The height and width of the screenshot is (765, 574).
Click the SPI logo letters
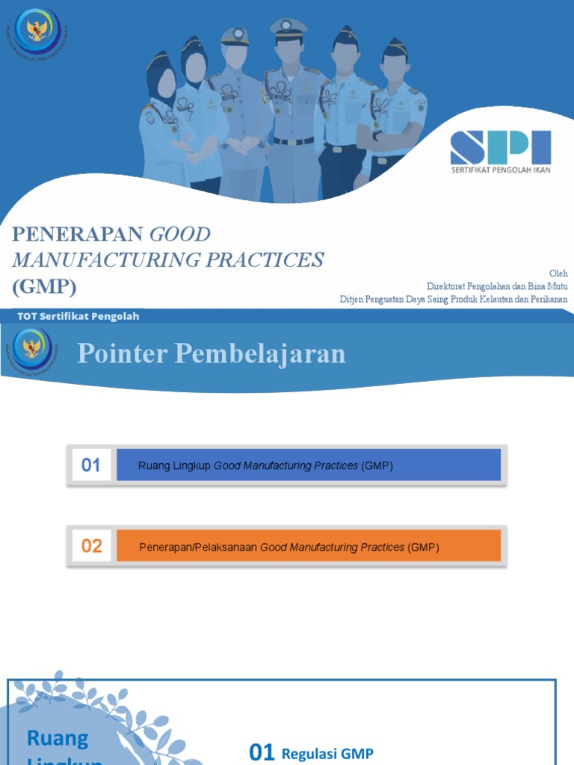(500, 148)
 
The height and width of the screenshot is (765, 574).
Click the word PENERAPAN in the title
(78, 235)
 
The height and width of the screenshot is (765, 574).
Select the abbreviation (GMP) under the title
(44, 286)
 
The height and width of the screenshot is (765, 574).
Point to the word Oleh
(558, 273)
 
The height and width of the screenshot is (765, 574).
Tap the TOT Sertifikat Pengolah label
(76, 316)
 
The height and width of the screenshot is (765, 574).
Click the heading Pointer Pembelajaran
(212, 353)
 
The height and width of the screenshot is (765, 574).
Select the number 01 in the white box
(90, 465)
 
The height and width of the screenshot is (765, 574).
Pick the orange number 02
(91, 546)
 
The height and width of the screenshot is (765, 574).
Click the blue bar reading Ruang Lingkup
(308, 465)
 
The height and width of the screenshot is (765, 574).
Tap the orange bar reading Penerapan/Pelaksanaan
(308, 547)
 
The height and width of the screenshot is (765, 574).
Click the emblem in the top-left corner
(36, 31)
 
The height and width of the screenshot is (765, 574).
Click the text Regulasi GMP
(327, 754)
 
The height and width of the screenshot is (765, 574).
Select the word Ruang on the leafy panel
(57, 738)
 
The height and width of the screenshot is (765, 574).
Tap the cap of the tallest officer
(288, 28)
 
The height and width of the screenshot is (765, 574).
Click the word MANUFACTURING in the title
(103, 260)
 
